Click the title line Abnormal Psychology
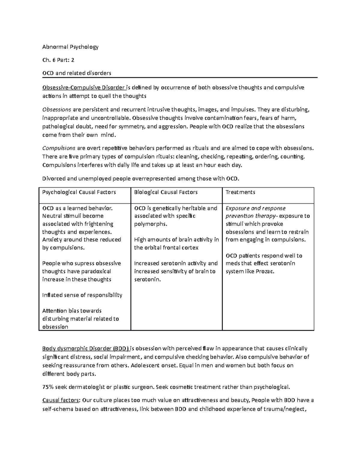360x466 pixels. click(70, 47)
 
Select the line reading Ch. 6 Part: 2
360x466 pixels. click(58, 60)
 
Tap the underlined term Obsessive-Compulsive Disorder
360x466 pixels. click(83, 88)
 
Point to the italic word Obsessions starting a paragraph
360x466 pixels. click(57, 110)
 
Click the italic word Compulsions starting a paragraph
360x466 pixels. click(59, 148)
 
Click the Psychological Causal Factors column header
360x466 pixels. click(79, 192)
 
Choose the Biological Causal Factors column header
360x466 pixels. click(166, 192)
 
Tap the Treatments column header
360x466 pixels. click(240, 192)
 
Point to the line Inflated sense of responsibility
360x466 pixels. click(82, 295)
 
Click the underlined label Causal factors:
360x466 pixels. click(61, 400)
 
